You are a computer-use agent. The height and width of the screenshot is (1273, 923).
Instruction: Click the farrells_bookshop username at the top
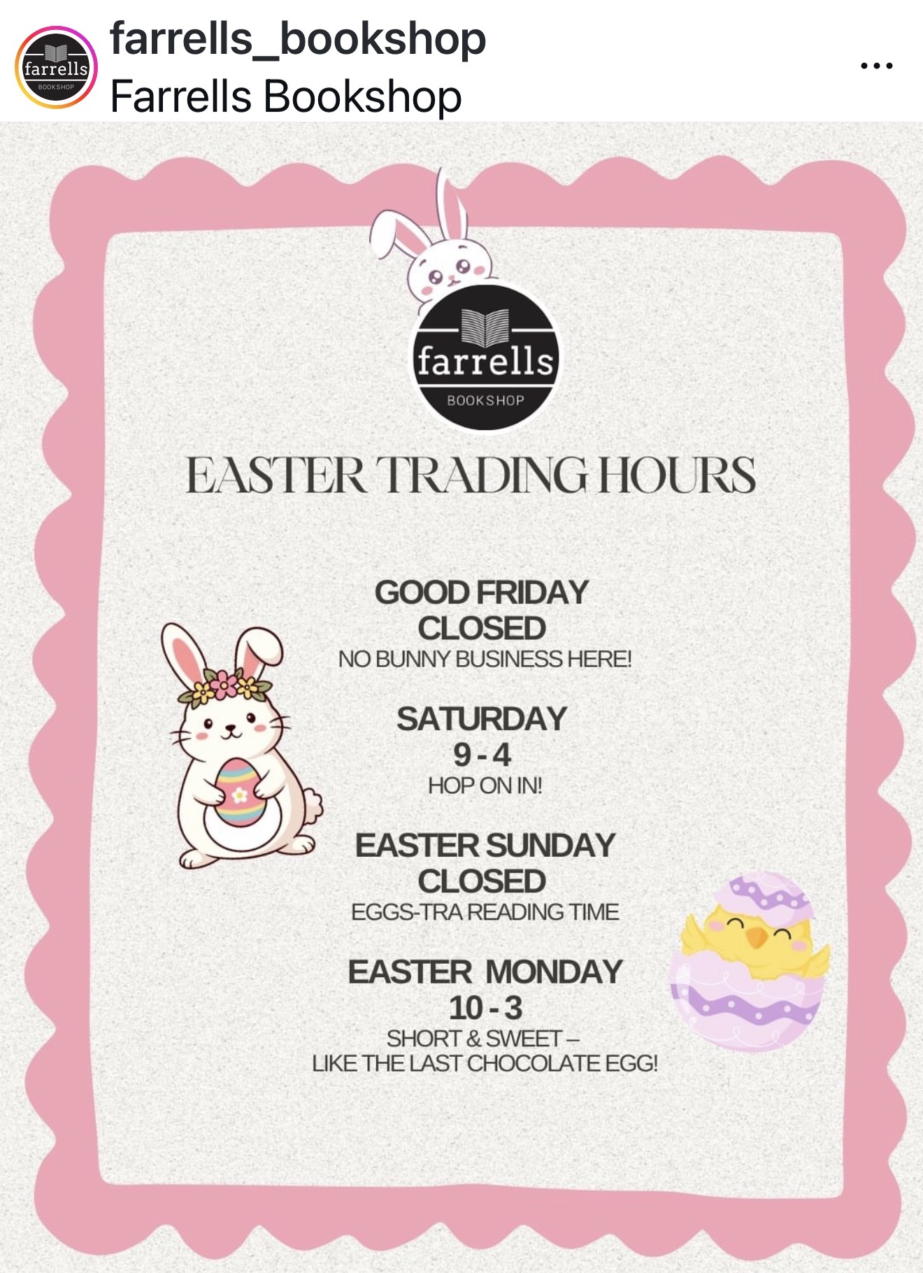click(298, 39)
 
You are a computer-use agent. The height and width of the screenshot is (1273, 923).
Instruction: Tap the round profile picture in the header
click(56, 68)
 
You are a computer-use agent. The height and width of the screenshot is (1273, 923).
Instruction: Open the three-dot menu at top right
click(877, 66)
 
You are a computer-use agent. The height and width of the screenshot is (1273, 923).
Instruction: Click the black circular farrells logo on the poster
click(485, 357)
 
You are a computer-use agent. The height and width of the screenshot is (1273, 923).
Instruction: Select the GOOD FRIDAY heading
click(482, 592)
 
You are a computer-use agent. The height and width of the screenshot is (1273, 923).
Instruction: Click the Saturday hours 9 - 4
click(482, 755)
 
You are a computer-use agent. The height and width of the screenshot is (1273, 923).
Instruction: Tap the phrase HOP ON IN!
click(485, 785)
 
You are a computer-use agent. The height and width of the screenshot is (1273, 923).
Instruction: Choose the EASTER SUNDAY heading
click(485, 845)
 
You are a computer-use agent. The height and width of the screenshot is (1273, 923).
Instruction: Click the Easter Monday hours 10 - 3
click(485, 1008)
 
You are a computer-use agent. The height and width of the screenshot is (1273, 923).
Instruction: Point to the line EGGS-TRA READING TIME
click(485, 912)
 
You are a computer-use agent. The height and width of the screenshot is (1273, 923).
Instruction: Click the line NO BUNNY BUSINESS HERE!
click(485, 659)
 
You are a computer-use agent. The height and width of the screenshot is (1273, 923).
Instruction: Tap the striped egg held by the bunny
click(240, 792)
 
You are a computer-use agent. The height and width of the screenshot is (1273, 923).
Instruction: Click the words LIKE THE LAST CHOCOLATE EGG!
click(485, 1063)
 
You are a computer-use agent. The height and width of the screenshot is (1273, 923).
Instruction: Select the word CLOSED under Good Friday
click(482, 628)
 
